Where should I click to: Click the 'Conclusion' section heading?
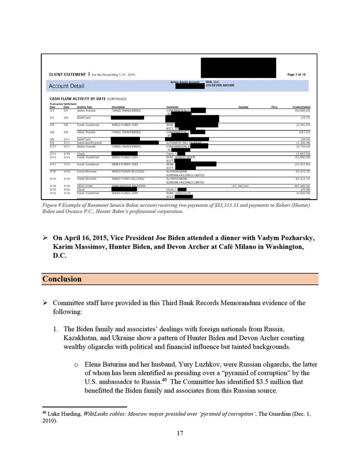tap(62, 279)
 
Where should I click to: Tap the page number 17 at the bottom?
tap(180, 433)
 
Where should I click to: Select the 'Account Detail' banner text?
tap(67, 86)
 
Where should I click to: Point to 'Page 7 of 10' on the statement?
tap(297, 75)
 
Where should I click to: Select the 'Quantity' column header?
tap(244, 107)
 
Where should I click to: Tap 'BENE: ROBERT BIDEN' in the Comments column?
tap(179, 157)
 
